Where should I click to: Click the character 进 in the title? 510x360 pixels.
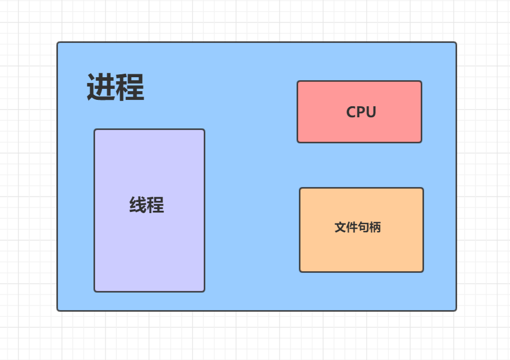[100, 88]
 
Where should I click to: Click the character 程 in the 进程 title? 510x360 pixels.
[130, 88]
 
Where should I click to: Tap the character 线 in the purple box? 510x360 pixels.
[138, 205]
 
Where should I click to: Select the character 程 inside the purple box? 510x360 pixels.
[155, 205]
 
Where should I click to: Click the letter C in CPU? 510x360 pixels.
[352, 112]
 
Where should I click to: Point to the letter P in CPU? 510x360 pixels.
[361, 112]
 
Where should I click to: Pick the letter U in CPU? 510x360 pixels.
[371, 112]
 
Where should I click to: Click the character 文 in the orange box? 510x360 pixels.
[340, 228]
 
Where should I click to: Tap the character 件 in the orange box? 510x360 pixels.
[352, 228]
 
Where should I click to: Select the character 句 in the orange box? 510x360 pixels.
[363, 228]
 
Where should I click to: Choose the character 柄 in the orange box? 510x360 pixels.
[375, 228]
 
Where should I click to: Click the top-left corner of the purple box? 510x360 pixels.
[95, 129]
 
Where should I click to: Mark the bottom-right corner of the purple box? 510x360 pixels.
[204, 291]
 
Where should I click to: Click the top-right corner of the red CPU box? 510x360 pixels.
[421, 81]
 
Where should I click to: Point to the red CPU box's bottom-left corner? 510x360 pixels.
[298, 142]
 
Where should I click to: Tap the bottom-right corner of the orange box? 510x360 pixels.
[423, 271]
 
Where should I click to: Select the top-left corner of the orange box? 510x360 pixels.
[300, 188]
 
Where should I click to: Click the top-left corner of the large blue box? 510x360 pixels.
[57, 42]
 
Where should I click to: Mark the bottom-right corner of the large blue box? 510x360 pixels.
[456, 310]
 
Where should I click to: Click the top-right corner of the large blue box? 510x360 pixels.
[456, 42]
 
